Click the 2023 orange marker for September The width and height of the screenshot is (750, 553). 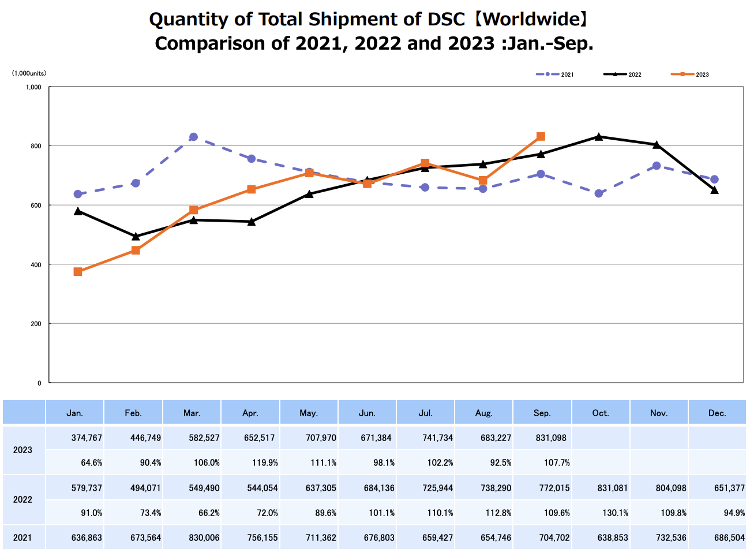click(x=541, y=137)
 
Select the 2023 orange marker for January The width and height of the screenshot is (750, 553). click(x=78, y=272)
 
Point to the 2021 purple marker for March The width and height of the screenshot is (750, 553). click(x=193, y=137)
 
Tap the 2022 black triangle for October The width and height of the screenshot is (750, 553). click(x=599, y=137)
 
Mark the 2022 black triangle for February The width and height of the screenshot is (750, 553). click(x=136, y=237)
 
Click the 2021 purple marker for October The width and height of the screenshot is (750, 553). click(x=599, y=193)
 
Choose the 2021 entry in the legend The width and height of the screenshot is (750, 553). click(x=555, y=74)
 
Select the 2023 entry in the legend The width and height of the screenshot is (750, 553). click(x=690, y=74)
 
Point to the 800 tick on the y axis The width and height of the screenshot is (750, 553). click(x=36, y=146)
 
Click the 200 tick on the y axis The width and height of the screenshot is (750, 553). click(x=36, y=324)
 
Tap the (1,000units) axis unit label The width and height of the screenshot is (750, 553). click(x=29, y=73)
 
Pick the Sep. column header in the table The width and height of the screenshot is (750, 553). click(x=542, y=413)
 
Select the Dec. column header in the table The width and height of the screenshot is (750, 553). click(x=717, y=413)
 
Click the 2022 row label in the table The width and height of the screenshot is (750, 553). click(x=23, y=500)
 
